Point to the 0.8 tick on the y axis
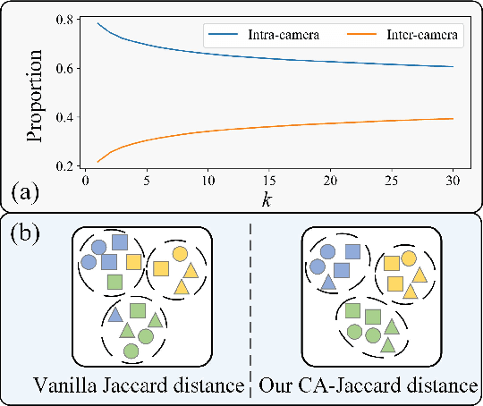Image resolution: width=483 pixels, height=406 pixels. tap(64, 19)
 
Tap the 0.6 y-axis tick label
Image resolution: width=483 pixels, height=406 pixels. tap(64, 68)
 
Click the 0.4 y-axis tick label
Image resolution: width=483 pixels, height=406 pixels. tap(64, 117)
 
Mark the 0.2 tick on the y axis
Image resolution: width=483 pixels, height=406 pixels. tap(64, 166)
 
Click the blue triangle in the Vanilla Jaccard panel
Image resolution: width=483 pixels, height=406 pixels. tap(115, 316)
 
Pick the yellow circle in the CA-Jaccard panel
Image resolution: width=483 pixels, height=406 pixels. tap(409, 258)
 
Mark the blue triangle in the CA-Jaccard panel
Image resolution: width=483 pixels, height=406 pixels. tap(328, 283)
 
